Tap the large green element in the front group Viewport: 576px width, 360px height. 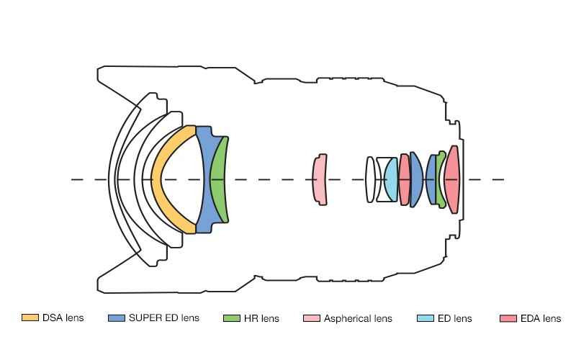point(220,179)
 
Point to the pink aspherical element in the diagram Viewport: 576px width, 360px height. point(320,179)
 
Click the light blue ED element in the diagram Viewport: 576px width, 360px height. point(392,179)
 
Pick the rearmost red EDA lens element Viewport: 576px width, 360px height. point(452,179)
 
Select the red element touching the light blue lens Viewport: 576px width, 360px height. point(405,179)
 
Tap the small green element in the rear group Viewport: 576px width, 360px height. point(441,179)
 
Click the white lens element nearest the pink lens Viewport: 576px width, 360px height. point(370,179)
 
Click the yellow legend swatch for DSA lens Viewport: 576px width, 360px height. point(30,318)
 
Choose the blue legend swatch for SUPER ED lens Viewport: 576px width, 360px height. point(116,318)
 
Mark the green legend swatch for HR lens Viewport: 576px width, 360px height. point(231,318)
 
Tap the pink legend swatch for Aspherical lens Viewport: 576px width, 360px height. point(312,318)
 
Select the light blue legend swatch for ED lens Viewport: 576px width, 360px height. point(426,318)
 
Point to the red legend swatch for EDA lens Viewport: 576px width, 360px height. point(508,318)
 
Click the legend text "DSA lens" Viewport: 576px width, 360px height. point(63,318)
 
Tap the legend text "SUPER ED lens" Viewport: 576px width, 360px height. point(164,318)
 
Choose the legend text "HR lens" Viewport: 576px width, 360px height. point(261,318)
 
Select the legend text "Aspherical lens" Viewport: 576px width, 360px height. point(358,318)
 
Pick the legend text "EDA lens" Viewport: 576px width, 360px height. point(541,318)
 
